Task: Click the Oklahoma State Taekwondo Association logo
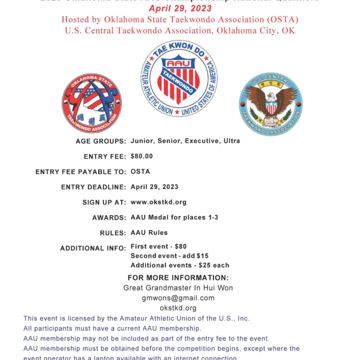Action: [x=91, y=103]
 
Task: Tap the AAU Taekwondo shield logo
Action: [x=179, y=78]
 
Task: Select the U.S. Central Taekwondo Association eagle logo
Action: [x=270, y=104]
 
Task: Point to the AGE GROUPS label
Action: [x=101, y=141]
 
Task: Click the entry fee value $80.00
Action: [x=141, y=156]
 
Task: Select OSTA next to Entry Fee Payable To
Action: [x=140, y=171]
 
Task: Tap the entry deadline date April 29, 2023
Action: [x=154, y=187]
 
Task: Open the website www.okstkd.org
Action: [x=158, y=202]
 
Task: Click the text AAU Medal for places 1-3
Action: [x=174, y=217]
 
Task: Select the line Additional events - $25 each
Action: [x=180, y=265]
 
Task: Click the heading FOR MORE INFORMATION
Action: [x=178, y=278]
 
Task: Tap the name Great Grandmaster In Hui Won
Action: [x=178, y=288]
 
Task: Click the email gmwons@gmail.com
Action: [x=178, y=298]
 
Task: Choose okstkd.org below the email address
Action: [x=178, y=308]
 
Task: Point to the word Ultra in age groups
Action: [x=231, y=141]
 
